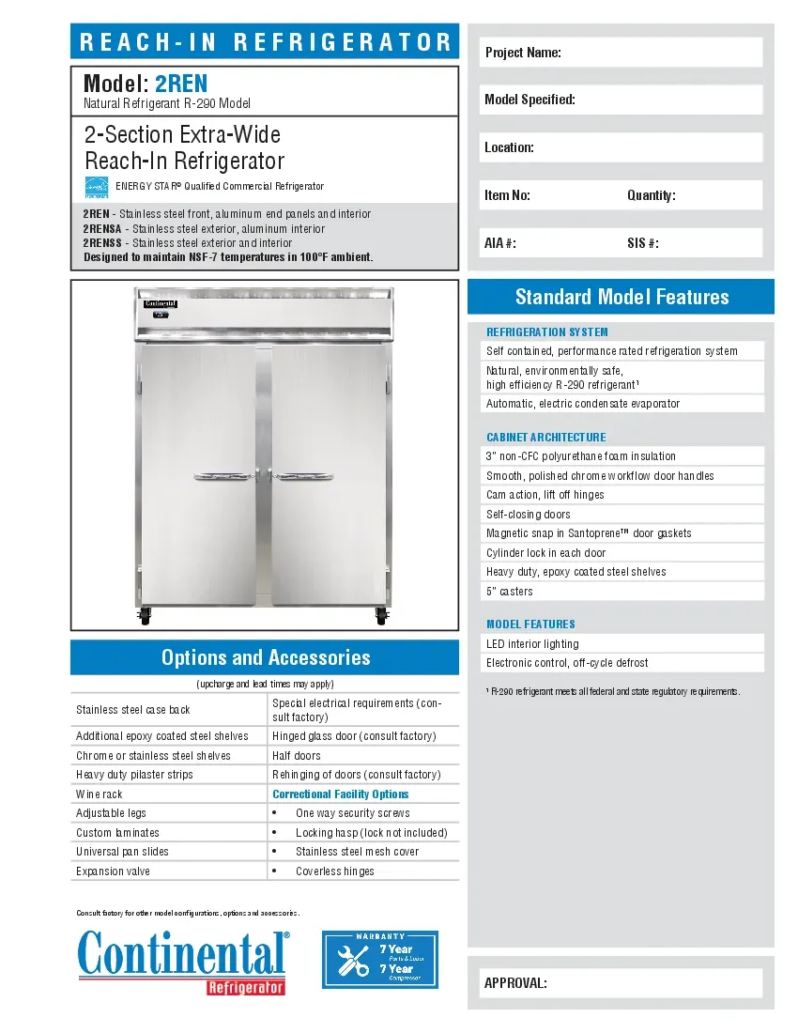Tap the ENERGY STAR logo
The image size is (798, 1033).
(x=97, y=187)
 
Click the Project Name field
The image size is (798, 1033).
(x=622, y=53)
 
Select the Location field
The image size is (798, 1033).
(x=622, y=147)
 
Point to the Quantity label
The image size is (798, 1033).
(x=652, y=195)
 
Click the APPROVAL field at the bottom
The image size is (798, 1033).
(x=622, y=983)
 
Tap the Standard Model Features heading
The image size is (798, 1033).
(x=622, y=298)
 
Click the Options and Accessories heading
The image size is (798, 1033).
(x=266, y=657)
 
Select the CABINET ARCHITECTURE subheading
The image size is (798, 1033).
(x=545, y=437)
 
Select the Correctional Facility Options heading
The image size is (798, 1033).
(x=341, y=794)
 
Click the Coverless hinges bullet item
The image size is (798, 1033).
(x=335, y=871)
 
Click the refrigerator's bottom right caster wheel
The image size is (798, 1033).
(x=380, y=617)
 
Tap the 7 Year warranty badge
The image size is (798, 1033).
(x=380, y=959)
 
